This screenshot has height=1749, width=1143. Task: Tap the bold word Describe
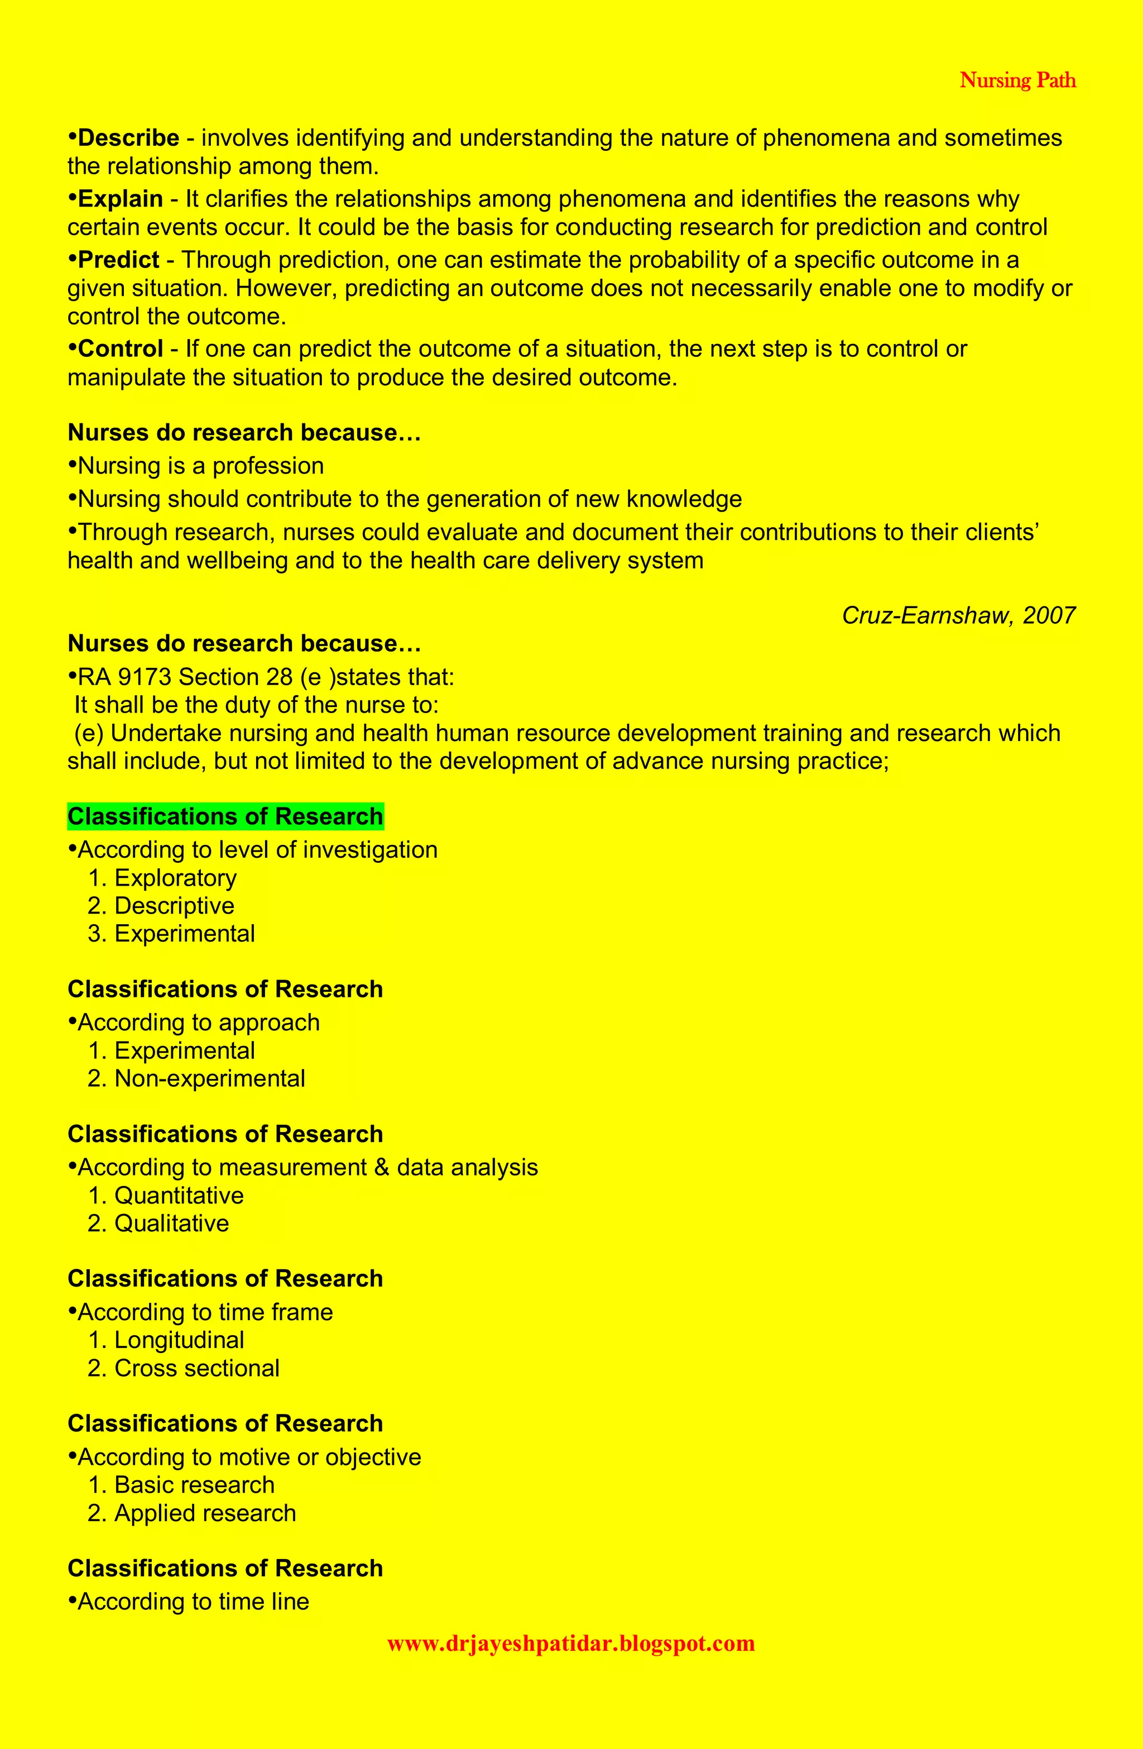(128, 138)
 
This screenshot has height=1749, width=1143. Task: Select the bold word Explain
(120, 199)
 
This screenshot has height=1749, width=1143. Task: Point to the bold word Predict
(118, 260)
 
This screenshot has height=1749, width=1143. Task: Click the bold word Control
(120, 349)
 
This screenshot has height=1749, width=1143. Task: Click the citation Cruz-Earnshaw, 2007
(959, 615)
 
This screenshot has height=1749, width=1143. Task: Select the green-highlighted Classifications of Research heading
(225, 816)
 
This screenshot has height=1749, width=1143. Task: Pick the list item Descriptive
(174, 906)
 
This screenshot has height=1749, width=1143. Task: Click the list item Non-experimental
(209, 1079)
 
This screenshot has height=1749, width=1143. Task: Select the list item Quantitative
(179, 1196)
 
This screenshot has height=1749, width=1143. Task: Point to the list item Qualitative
(171, 1224)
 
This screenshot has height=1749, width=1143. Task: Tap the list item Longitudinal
(179, 1340)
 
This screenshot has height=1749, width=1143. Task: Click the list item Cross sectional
(197, 1368)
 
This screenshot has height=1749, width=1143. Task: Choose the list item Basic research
(194, 1485)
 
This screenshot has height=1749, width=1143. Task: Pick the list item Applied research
(205, 1513)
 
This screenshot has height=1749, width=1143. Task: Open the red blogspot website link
(571, 1643)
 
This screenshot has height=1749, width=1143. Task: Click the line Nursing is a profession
(200, 466)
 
